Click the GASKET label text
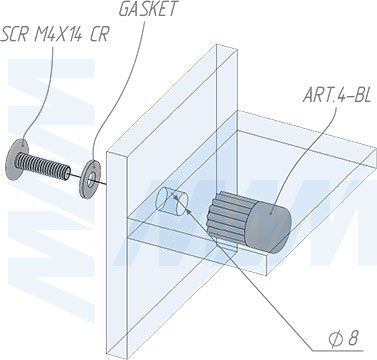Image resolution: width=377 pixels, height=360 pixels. (148, 9)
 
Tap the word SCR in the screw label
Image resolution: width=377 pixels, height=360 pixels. (14, 34)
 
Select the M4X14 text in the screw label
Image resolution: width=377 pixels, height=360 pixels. (59, 34)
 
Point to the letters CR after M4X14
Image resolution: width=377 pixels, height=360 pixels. (99, 34)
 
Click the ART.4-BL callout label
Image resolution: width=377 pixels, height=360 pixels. (337, 95)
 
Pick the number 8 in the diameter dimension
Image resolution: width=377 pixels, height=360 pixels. (353, 339)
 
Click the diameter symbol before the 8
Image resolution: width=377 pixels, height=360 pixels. (334, 339)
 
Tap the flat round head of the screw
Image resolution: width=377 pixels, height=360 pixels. (16, 159)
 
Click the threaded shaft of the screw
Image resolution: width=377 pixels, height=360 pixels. (43, 166)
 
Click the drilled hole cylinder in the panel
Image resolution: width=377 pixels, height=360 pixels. (172, 202)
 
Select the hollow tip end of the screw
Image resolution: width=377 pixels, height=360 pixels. (67, 173)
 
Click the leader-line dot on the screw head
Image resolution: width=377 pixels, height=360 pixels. (22, 145)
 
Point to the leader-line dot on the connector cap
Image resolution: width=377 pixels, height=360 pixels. (271, 212)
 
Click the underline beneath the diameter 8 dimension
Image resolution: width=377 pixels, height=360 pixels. (337, 351)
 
